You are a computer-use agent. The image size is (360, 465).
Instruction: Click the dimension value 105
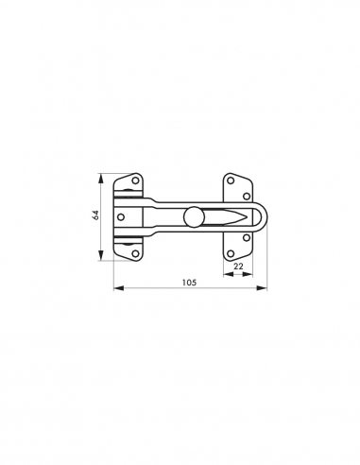189,281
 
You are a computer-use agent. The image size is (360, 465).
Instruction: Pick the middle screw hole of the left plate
122,215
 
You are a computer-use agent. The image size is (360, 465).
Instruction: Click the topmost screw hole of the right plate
231,180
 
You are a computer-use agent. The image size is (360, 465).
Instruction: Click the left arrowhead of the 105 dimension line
116,288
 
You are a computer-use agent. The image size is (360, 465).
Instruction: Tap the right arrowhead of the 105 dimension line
265,288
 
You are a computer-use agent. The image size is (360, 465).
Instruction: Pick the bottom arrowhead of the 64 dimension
102,259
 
